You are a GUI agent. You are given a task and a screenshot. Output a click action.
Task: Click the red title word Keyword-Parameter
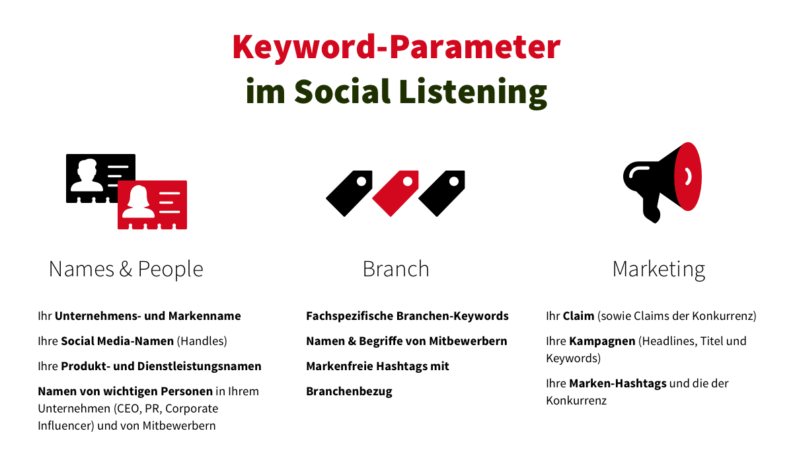pyautogui.click(x=397, y=48)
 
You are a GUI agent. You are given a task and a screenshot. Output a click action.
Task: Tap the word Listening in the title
pyautogui.click(x=473, y=93)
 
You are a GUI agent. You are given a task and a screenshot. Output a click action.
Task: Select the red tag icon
pyautogui.click(x=395, y=193)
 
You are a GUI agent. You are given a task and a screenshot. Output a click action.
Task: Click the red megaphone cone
pyautogui.click(x=688, y=176)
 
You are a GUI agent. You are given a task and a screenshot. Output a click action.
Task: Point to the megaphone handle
pyautogui.click(x=652, y=209)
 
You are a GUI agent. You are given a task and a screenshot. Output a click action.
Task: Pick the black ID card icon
pyautogui.click(x=100, y=178)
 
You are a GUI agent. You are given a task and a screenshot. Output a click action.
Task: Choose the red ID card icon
pyautogui.click(x=152, y=205)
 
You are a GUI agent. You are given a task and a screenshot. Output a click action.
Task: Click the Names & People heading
pyautogui.click(x=126, y=269)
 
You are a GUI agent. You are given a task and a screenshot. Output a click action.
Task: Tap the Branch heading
pyautogui.click(x=396, y=268)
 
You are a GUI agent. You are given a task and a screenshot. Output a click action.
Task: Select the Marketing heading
pyautogui.click(x=659, y=270)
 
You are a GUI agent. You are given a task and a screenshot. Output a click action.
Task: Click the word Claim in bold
pyautogui.click(x=578, y=316)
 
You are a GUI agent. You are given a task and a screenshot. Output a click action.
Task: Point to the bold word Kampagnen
pyautogui.click(x=602, y=341)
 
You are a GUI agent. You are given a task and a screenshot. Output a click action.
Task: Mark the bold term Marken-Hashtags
pyautogui.click(x=618, y=383)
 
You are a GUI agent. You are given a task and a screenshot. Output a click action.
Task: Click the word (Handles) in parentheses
pyautogui.click(x=202, y=341)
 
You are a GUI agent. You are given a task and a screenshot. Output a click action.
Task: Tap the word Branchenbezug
pyautogui.click(x=349, y=391)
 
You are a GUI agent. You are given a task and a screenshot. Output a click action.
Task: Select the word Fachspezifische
pyautogui.click(x=350, y=316)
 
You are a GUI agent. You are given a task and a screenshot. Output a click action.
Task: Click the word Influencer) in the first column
pyautogui.click(x=66, y=426)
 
